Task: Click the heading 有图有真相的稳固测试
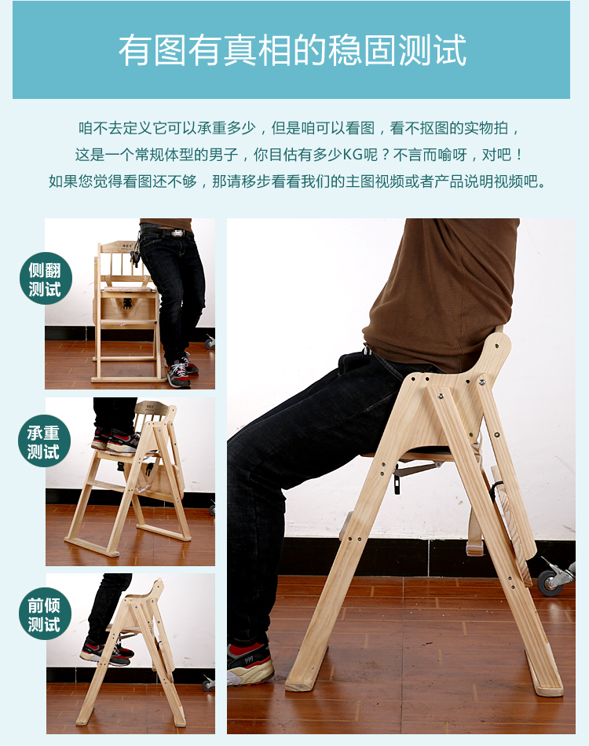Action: pyautogui.click(x=292, y=50)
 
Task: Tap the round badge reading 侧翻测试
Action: pyautogui.click(x=46, y=278)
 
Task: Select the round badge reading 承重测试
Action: pyautogui.click(x=44, y=441)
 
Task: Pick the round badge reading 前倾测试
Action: pyautogui.click(x=46, y=614)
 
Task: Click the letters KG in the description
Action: pyautogui.click(x=353, y=155)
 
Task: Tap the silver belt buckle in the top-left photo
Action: pyautogui.click(x=177, y=233)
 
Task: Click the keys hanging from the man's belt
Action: pyautogui.click(x=136, y=252)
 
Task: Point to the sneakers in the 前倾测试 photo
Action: pyautogui.click(x=106, y=653)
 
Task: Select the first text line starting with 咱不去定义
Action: pyautogui.click(x=298, y=128)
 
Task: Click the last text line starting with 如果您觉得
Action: pyautogui.click(x=298, y=181)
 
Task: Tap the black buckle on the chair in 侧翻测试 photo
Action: pyautogui.click(x=127, y=303)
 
